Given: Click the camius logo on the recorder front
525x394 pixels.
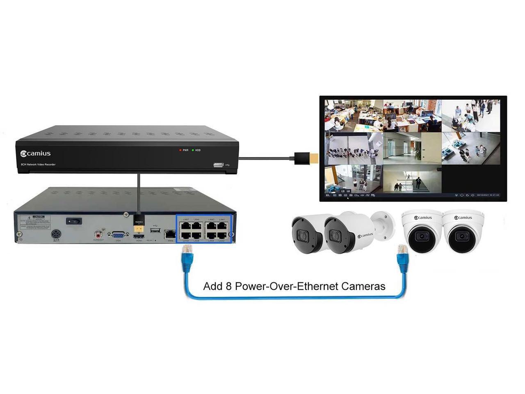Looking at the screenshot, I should tap(36, 153).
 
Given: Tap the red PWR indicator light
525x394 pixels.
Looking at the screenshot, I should tap(180, 150).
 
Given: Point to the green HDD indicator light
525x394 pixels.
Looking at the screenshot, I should tap(193, 150).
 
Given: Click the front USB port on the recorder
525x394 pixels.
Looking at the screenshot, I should tap(218, 165).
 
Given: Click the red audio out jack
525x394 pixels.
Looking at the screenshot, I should tap(98, 235).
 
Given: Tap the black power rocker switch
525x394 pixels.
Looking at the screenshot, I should tap(74, 221).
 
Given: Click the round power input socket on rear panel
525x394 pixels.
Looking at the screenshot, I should tap(56, 235).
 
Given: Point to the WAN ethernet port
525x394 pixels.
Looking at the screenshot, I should tap(169, 234).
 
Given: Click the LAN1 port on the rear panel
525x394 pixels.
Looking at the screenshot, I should tap(222, 225).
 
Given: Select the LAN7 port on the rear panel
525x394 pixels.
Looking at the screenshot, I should tap(186, 225).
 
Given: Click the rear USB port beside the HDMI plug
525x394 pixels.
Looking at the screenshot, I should tap(155, 231).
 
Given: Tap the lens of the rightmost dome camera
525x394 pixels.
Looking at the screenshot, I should tap(461, 236).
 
